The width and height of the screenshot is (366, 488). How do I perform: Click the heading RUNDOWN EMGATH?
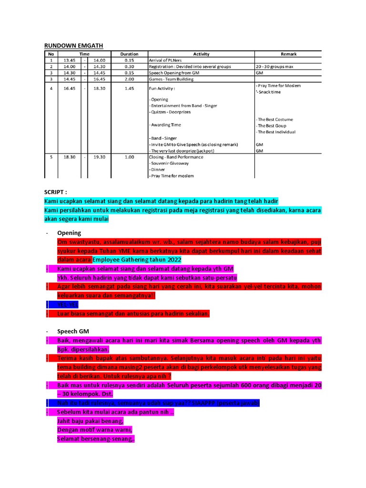tap(73, 45)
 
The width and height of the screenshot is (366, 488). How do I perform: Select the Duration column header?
tap(129, 54)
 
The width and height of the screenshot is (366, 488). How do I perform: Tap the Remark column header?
tap(288, 54)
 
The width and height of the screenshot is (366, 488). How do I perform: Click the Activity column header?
tap(201, 54)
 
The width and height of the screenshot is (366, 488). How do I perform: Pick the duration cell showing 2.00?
tap(129, 79)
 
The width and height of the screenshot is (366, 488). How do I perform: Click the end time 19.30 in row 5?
tap(99, 157)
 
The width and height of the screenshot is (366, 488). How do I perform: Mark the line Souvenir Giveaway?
tap(170, 163)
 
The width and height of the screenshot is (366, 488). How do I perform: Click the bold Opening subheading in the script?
tap(69, 233)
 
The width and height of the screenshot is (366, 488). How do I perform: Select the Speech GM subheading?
tap(73, 331)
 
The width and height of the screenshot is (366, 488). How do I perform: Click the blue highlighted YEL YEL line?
tap(67, 305)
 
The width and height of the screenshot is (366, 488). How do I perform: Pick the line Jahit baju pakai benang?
tap(90, 421)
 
